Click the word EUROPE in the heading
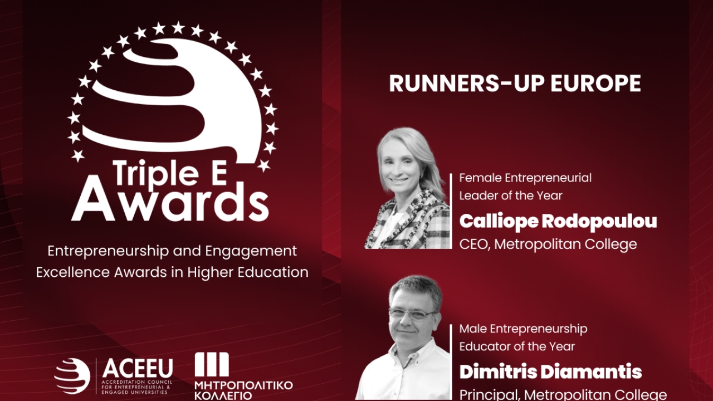(595, 84)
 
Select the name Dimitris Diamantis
(551, 371)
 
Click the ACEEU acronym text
(138, 368)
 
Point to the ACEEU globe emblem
(72, 376)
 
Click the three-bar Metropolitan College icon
(212, 364)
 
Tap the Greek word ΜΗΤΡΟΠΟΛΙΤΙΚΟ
(243, 385)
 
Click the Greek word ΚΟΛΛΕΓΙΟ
(223, 396)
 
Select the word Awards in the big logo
(170, 202)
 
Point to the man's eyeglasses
(413, 314)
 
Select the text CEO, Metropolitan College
(548, 244)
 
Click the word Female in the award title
(481, 178)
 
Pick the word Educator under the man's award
(484, 346)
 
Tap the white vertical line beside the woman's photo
(451, 211)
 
